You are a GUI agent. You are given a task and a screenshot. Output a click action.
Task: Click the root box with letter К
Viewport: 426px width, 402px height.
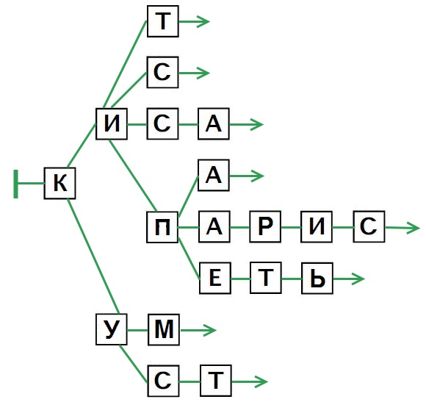click(59, 183)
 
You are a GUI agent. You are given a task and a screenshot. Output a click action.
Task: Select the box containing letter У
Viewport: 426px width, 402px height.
click(112, 329)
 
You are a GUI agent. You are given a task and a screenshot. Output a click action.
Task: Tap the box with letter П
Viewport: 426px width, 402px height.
click(162, 227)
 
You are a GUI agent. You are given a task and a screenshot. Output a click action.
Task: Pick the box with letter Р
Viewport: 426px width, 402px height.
click(265, 226)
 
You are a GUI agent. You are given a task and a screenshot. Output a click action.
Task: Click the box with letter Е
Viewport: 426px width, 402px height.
click(215, 278)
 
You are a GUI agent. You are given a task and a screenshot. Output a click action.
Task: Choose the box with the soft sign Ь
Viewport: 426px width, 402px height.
click(317, 278)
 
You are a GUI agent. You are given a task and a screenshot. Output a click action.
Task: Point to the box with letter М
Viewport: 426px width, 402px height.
click(164, 329)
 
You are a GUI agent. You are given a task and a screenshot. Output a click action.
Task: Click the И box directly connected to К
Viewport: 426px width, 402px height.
click(112, 123)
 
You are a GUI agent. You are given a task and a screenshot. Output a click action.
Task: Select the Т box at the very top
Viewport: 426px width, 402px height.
click(163, 21)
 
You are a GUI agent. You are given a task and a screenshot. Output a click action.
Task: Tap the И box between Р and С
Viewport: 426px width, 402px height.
click(317, 226)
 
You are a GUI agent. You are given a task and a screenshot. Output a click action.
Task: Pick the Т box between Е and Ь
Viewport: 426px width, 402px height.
click(266, 278)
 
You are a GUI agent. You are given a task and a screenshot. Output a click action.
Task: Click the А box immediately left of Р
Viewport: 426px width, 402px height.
click(214, 226)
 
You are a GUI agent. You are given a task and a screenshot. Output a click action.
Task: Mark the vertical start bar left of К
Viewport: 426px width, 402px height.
click(16, 184)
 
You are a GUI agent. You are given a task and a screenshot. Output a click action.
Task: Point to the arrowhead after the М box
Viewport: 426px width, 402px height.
click(209, 330)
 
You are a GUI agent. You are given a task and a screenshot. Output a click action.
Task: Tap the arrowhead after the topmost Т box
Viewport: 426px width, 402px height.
click(203, 22)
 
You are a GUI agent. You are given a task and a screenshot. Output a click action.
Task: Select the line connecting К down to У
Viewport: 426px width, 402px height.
click(93, 256)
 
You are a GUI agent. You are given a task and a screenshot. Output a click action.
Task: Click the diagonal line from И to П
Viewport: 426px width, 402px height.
click(133, 176)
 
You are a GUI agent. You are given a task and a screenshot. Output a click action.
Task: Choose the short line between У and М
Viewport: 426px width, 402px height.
click(137, 330)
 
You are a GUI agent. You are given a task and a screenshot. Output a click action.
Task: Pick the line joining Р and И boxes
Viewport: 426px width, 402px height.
click(291, 227)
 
